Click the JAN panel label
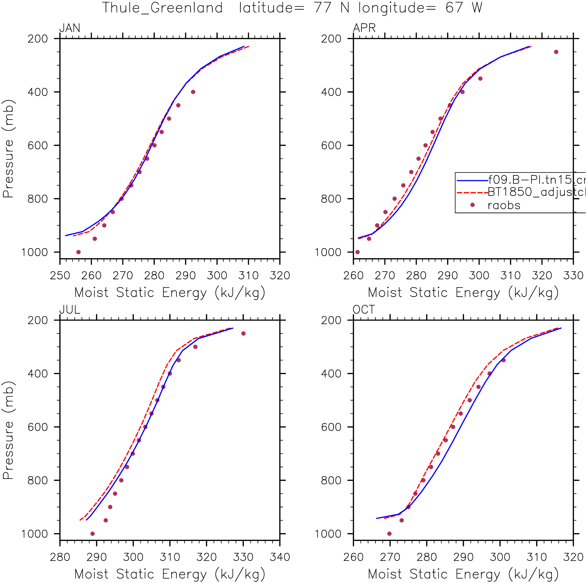click(70, 28)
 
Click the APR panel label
click(364, 28)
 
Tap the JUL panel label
click(70, 310)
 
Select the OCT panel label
click(364, 310)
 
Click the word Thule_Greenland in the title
click(162, 8)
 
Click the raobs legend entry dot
click(472, 205)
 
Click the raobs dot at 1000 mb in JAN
click(78, 252)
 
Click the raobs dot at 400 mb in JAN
click(193, 92)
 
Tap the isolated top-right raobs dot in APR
click(556, 52)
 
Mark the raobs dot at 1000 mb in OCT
click(390, 534)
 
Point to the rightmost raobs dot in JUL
click(243, 334)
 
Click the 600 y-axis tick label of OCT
click(331, 427)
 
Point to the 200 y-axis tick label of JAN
click(38, 39)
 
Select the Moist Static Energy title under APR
click(463, 293)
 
